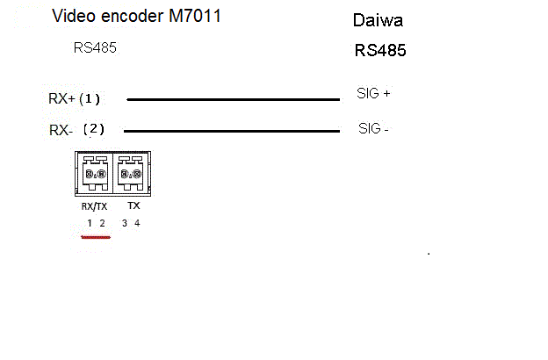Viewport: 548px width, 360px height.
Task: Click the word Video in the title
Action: tap(73, 16)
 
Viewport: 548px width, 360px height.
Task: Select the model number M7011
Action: tap(195, 16)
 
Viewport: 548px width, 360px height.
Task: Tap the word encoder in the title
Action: tap(132, 16)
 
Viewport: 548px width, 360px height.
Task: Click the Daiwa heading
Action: tap(378, 20)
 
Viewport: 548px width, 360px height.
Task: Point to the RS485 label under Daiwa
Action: tap(380, 50)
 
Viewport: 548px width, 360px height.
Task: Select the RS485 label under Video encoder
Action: tap(95, 48)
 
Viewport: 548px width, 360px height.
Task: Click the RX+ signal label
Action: tap(61, 98)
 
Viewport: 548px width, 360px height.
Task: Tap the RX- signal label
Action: tap(61, 130)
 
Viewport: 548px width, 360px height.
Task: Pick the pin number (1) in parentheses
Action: tap(90, 99)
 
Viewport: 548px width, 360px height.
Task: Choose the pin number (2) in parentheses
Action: tap(94, 129)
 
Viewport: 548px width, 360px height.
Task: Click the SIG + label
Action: tap(373, 93)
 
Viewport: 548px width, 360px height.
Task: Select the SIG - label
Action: tap(373, 128)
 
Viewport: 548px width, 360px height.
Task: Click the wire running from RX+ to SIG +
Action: tap(233, 99)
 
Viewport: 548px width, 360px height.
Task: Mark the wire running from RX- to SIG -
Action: tap(232, 131)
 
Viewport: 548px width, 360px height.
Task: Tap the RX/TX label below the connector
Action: tap(94, 206)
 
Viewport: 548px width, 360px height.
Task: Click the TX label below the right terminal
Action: tap(133, 205)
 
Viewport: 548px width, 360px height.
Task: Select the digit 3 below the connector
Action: tap(125, 223)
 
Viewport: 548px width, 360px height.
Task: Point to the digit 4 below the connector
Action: tap(137, 223)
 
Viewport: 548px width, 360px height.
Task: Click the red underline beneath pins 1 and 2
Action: tap(96, 237)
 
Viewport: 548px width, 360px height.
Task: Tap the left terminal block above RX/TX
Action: tap(95, 173)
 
